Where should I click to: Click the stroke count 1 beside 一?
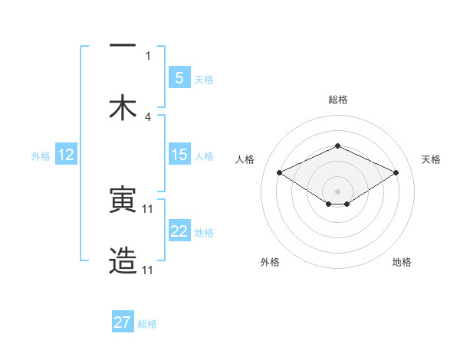[x=148, y=55]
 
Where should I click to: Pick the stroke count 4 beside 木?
[x=148, y=116]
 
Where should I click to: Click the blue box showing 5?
[x=179, y=78]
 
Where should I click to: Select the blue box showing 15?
[x=179, y=155]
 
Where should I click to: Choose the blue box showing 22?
[x=179, y=231]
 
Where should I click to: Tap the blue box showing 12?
[x=65, y=155]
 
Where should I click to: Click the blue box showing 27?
[x=123, y=322]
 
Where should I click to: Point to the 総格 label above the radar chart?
[x=337, y=100]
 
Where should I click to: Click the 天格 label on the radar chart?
[x=431, y=159]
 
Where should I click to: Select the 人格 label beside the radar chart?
[x=245, y=159]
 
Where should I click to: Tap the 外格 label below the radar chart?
[x=270, y=262]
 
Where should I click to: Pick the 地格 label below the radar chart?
[x=402, y=262]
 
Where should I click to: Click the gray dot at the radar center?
[x=337, y=191]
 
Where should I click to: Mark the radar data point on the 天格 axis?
[x=396, y=172]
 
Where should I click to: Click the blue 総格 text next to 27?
[x=147, y=324]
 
